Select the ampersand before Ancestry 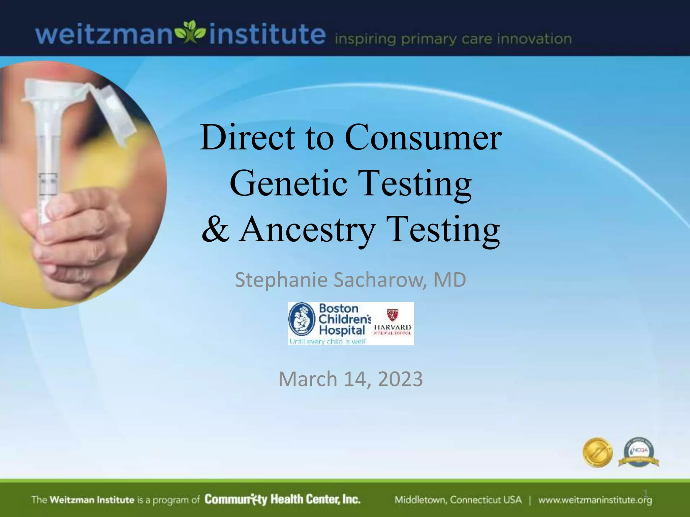tap(216, 229)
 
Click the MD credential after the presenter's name tap(449, 280)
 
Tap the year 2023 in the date tap(400, 379)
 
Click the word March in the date tap(308, 379)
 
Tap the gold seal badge tap(597, 452)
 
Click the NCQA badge tap(638, 452)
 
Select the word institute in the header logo tap(267, 34)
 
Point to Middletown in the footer tap(420, 500)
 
